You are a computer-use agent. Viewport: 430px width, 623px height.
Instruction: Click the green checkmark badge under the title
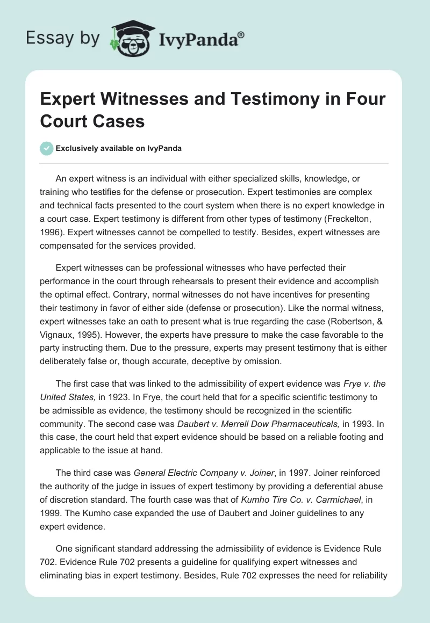pyautogui.click(x=47, y=148)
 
